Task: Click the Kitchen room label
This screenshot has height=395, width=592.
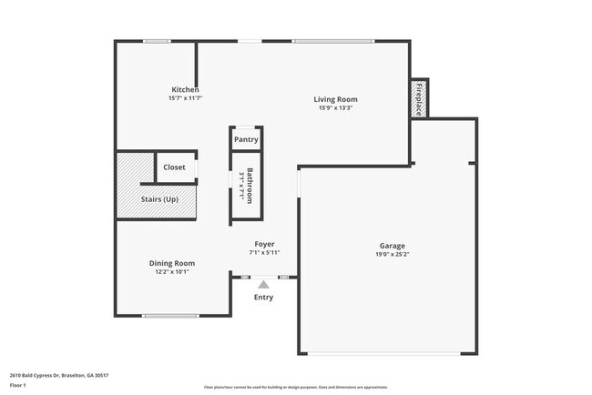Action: coord(185,89)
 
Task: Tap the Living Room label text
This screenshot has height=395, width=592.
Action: coord(336,99)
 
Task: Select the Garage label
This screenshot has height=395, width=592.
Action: coord(392,246)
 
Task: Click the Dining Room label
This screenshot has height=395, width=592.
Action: coord(172,263)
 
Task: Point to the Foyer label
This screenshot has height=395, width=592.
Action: coord(264,244)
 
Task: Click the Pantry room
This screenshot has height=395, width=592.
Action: coord(246,139)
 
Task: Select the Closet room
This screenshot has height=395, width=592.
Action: coord(174,167)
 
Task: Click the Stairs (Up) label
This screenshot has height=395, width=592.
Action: coord(159,198)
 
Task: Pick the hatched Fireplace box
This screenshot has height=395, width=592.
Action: coord(419,98)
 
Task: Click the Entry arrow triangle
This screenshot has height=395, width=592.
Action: coord(263,285)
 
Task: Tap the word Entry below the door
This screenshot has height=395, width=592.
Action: coord(263,297)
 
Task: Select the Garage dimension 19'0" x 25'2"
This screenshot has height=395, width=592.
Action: coord(392,255)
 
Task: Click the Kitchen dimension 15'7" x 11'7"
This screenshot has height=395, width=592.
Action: coord(185,98)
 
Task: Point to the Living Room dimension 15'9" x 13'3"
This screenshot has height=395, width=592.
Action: coord(336,108)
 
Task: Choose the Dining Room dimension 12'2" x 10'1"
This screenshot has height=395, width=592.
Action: coord(172,271)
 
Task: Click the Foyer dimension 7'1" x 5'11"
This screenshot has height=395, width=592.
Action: coord(264,252)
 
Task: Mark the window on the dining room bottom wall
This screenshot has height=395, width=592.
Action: coord(171,316)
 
